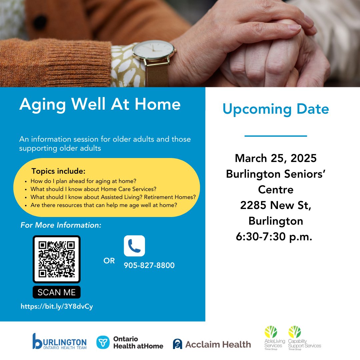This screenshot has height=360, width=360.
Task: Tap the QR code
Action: (x=56, y=259)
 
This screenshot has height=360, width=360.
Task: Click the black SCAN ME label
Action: (x=56, y=292)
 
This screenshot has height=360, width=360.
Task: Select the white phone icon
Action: (x=134, y=246)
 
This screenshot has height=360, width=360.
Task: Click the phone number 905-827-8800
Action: (x=149, y=265)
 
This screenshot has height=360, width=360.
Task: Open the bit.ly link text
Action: (x=57, y=306)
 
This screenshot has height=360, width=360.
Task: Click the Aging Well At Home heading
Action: (x=100, y=104)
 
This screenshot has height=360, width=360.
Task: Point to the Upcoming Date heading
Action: (x=276, y=109)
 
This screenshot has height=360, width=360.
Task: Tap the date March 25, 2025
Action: (x=276, y=158)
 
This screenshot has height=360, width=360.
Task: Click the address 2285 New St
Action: (x=276, y=206)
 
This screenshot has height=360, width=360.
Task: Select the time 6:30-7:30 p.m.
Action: (x=274, y=237)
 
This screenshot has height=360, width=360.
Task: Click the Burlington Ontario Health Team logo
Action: (x=60, y=341)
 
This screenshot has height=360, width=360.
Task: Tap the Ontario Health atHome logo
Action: (x=130, y=342)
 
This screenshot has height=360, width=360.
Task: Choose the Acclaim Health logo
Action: (x=212, y=344)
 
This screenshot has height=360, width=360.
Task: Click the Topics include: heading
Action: (x=58, y=171)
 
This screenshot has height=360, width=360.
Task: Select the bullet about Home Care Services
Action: (x=93, y=189)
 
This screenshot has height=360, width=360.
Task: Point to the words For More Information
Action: (x=61, y=225)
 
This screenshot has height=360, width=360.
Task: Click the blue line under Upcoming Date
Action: (x=276, y=136)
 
